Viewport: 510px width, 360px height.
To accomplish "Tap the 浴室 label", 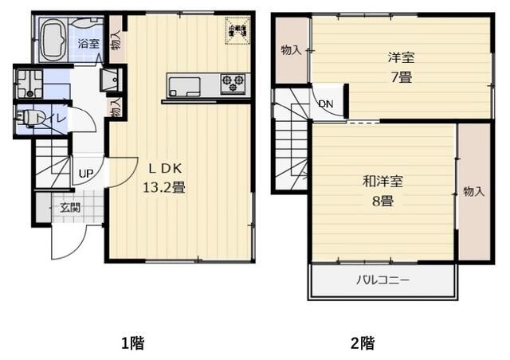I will pos(88,44).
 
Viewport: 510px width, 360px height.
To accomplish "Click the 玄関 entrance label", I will pos(69,208).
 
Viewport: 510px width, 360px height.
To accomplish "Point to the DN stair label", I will pos(326,104).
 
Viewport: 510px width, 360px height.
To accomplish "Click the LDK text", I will pos(164,169).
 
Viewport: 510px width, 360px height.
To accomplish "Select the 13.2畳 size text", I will pos(164,188).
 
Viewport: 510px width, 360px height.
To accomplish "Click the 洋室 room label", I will pos(400,59).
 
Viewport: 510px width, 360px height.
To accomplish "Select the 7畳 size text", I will pos(400,77).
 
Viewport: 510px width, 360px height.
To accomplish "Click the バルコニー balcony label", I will pos(382,281).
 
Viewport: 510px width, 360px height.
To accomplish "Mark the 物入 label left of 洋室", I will pos(291,51).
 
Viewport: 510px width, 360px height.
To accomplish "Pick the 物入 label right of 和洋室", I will pos(474,192).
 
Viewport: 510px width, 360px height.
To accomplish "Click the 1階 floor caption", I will pos(132,344).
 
